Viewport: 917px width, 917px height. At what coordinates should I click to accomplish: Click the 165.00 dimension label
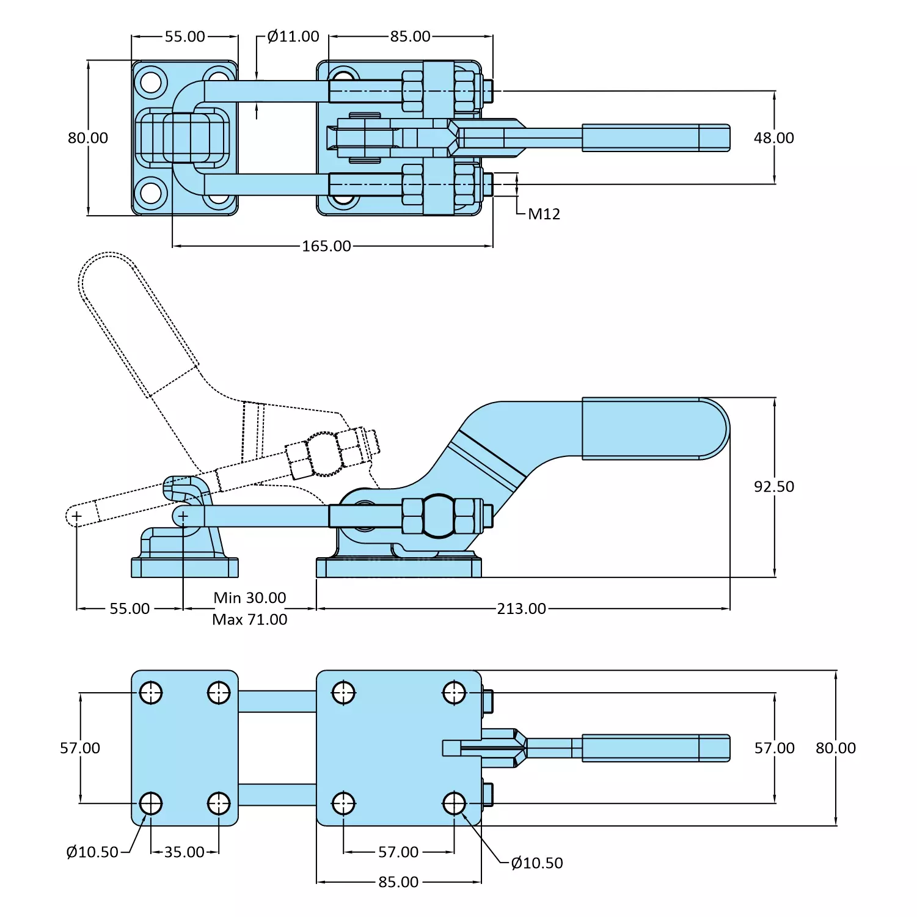coord(326,246)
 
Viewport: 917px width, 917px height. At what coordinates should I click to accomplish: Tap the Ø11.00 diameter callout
coord(293,37)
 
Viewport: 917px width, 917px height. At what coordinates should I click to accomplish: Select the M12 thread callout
coord(544,214)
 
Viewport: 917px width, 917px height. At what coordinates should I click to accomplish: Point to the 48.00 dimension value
coord(773,138)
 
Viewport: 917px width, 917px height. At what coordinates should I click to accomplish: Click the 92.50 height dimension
coord(773,487)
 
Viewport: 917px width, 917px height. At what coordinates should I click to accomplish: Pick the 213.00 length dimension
coord(521,609)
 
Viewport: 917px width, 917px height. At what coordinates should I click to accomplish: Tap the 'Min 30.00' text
coord(249,597)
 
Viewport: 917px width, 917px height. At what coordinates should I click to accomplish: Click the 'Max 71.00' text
coord(249,619)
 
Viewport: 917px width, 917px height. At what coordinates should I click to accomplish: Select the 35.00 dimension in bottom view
coord(184,852)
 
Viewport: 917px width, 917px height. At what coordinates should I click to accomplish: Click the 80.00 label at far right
coord(835,748)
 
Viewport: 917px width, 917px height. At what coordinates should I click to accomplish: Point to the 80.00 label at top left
coord(88,138)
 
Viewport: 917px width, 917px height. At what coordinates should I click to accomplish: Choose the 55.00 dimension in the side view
coord(130,609)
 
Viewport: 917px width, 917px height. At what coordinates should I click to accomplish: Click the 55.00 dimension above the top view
coord(184,37)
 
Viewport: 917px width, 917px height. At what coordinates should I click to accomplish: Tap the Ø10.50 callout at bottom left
coord(92,852)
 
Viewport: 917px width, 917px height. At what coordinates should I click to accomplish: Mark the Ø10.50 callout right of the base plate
coord(536,863)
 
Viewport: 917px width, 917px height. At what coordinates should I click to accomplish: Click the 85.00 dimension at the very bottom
coord(398,882)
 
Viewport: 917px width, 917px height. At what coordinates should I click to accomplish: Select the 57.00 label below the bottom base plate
coord(398,852)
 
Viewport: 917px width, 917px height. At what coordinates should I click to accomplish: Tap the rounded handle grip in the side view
coord(654,428)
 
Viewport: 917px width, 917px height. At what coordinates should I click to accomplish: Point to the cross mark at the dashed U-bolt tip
coord(76,517)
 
